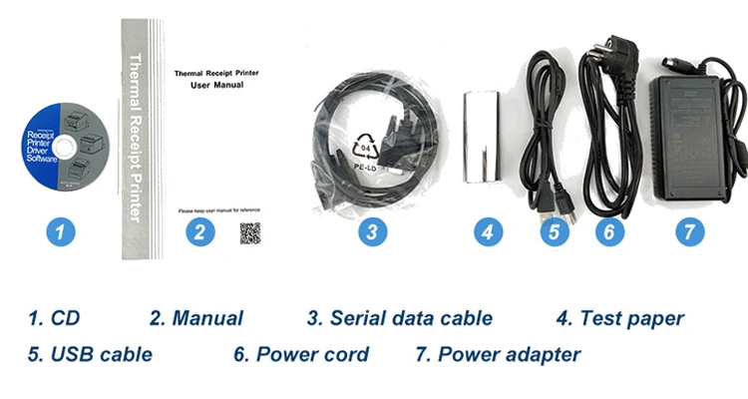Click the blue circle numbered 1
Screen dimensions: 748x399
pyautogui.click(x=61, y=233)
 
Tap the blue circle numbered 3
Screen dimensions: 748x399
pyautogui.click(x=372, y=233)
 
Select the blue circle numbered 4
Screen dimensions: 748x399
pyautogui.click(x=486, y=233)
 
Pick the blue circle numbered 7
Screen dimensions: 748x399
pyautogui.click(x=689, y=232)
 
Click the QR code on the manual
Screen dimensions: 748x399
pyautogui.click(x=250, y=234)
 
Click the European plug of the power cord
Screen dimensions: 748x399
pyautogui.click(x=596, y=52)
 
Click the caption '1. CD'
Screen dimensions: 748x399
pyautogui.click(x=54, y=319)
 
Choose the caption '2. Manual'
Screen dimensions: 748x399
pyautogui.click(x=196, y=319)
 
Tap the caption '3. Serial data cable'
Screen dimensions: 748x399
pyautogui.click(x=399, y=319)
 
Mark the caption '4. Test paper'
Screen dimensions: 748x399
pyautogui.click(x=619, y=319)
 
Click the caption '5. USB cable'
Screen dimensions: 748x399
pyautogui.click(x=90, y=354)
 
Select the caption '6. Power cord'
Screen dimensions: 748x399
pyautogui.click(x=301, y=354)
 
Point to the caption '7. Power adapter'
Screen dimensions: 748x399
pyautogui.click(x=498, y=354)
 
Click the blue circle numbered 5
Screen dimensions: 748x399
pyautogui.click(x=556, y=233)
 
